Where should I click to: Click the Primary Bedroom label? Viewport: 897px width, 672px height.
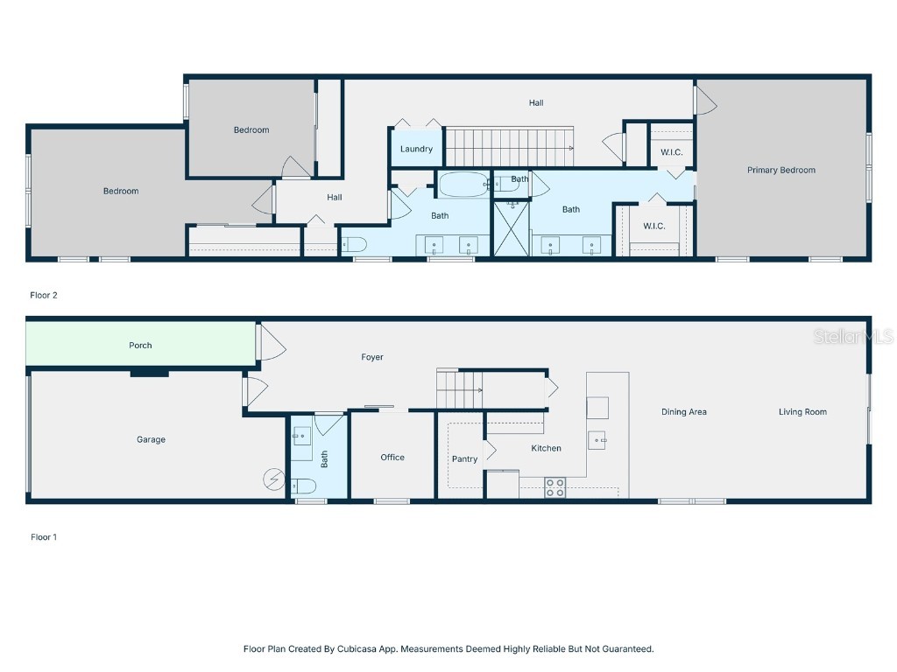(780, 171)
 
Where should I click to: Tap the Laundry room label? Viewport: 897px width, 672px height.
(416, 150)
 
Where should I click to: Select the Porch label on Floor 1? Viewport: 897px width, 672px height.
(140, 346)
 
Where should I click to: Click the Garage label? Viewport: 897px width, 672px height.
(151, 440)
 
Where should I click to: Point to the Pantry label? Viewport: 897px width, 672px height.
(464, 459)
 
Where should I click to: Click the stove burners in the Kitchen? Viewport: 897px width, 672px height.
(554, 487)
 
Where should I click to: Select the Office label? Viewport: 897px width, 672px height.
(392, 458)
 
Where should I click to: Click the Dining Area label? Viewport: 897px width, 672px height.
(684, 412)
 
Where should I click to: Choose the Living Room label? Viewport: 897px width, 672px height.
(802, 412)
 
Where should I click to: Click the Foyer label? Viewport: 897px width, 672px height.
(372, 357)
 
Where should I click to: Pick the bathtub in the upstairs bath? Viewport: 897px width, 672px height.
(463, 185)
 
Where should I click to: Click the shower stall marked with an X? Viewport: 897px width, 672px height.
(512, 228)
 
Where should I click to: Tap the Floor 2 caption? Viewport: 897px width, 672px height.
(44, 296)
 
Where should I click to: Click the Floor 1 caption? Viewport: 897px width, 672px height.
(44, 537)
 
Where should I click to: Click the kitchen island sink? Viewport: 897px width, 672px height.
(597, 439)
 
